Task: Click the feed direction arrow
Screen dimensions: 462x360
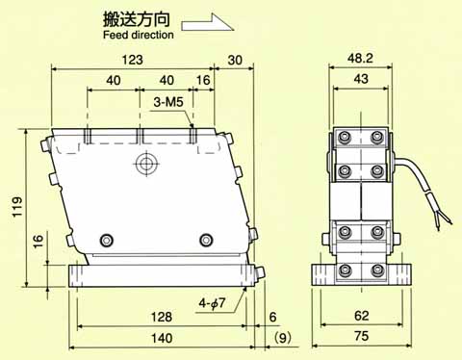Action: click(x=208, y=22)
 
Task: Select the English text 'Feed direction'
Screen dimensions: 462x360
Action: click(x=139, y=35)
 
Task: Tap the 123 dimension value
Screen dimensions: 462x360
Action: click(x=133, y=60)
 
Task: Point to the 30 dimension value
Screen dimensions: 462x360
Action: click(x=235, y=60)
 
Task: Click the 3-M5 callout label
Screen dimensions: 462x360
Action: click(x=168, y=102)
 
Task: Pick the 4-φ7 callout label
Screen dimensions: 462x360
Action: click(x=212, y=302)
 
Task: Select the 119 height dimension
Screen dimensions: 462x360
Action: click(x=17, y=207)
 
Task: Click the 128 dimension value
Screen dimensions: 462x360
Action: click(x=162, y=317)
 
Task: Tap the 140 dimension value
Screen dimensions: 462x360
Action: click(x=162, y=338)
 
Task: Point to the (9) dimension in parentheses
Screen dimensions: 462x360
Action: click(x=283, y=338)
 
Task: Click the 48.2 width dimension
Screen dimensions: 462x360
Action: click(x=360, y=58)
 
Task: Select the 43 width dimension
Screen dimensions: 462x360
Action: click(x=361, y=79)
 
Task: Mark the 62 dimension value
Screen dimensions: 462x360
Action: click(x=361, y=316)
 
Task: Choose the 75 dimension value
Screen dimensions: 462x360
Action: click(x=361, y=336)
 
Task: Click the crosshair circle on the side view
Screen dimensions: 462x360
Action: click(x=147, y=164)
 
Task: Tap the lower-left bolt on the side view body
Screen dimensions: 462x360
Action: click(x=107, y=240)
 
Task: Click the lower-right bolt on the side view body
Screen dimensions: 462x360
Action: click(x=206, y=240)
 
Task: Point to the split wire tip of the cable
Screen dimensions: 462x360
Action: click(x=444, y=220)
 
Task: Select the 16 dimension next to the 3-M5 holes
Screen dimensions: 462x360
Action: click(x=203, y=80)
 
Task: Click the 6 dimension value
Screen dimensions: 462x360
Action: click(x=272, y=317)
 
